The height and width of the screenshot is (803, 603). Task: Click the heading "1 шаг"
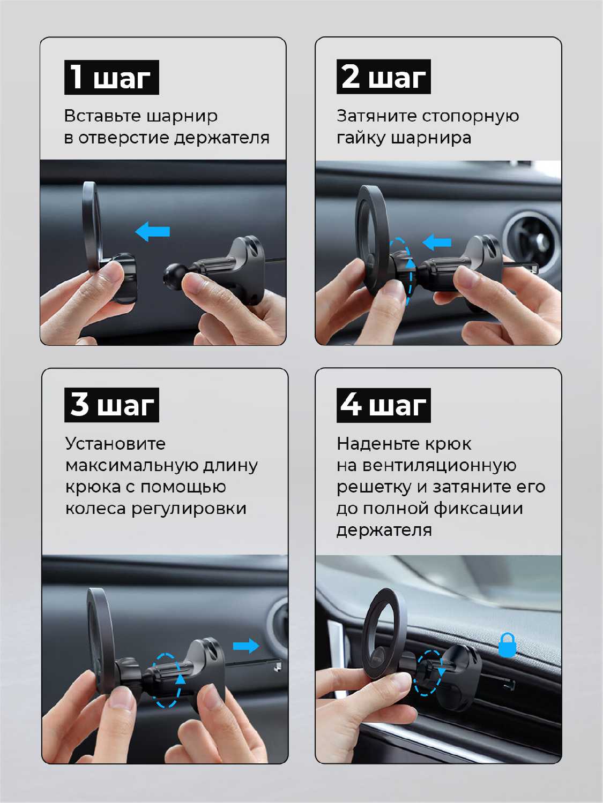click(x=111, y=78)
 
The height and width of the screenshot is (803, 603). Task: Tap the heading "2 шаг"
click(x=383, y=77)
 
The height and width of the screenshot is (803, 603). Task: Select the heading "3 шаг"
click(x=111, y=405)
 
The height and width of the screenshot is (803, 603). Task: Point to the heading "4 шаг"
click(x=383, y=405)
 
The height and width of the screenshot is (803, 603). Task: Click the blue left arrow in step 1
click(x=152, y=232)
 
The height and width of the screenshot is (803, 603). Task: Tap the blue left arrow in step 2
click(x=437, y=243)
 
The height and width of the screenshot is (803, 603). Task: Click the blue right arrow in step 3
click(x=246, y=646)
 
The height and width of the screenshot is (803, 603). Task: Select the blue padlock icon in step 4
click(x=508, y=645)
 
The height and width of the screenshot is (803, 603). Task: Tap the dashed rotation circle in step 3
click(x=167, y=680)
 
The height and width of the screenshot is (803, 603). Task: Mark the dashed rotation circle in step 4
click(x=430, y=673)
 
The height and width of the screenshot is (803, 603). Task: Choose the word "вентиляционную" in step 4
click(x=440, y=465)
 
